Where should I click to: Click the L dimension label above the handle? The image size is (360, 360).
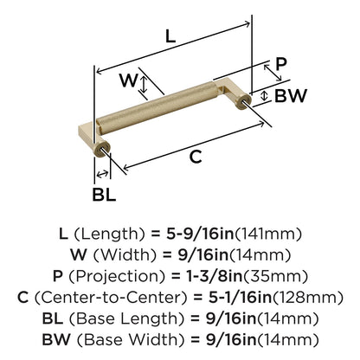pyautogui.click(x=170, y=36)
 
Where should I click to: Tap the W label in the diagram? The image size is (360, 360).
pyautogui.click(x=129, y=80)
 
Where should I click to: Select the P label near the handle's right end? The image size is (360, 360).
pyautogui.click(x=281, y=64)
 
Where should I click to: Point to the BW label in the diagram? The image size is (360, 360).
pyautogui.click(x=291, y=96)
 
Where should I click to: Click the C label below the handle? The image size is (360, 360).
pyautogui.click(x=196, y=157)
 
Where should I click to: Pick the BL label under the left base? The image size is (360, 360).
pyautogui.click(x=104, y=195)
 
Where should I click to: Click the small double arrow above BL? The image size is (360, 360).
pyautogui.click(x=102, y=174)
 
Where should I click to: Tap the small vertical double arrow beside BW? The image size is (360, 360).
pyautogui.click(x=264, y=96)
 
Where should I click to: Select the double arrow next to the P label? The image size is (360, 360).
pyautogui.click(x=273, y=73)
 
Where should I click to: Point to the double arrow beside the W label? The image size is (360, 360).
pyautogui.click(x=144, y=84)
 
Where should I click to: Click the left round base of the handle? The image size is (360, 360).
pyautogui.click(x=102, y=150)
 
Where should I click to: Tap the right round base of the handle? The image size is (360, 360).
pyautogui.click(x=243, y=101)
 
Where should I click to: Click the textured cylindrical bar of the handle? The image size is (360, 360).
pyautogui.click(x=157, y=108)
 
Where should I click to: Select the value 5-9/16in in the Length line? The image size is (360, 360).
pyautogui.click(x=200, y=234)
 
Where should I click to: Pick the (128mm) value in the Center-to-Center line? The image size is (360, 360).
pyautogui.click(x=308, y=298)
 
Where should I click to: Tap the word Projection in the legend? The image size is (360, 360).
pyautogui.click(x=117, y=277)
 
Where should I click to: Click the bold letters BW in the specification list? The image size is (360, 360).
pyautogui.click(x=56, y=339)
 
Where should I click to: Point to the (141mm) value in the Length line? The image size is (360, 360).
pyautogui.click(x=268, y=234)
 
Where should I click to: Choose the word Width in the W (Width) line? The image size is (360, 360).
pyautogui.click(x=125, y=255)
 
